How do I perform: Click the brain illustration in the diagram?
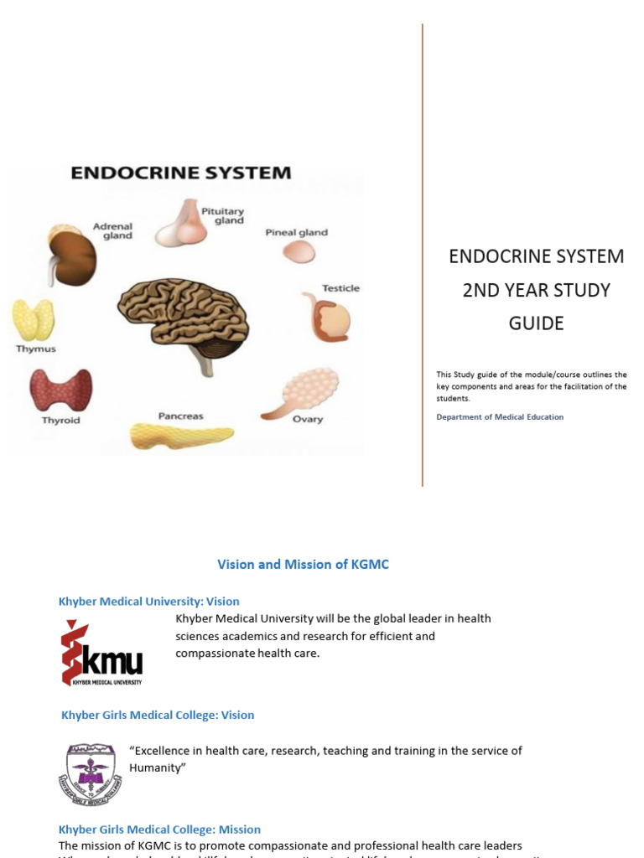[x=184, y=317]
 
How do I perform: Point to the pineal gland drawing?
[x=298, y=251]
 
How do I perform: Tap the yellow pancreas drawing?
[x=181, y=436]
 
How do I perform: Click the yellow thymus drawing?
[x=33, y=320]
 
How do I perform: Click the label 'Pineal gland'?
[x=296, y=232]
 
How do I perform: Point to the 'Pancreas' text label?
[x=180, y=416]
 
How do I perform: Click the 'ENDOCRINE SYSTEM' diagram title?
[x=180, y=173]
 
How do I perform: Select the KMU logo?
[x=101, y=653]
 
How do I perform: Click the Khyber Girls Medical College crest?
[x=90, y=773]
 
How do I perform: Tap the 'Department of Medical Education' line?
[x=500, y=416]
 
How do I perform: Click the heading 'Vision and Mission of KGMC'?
[x=303, y=565]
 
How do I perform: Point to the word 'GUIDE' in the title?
[x=536, y=323]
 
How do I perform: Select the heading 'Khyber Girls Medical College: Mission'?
[x=159, y=829]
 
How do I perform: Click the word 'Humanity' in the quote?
[x=156, y=768]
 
